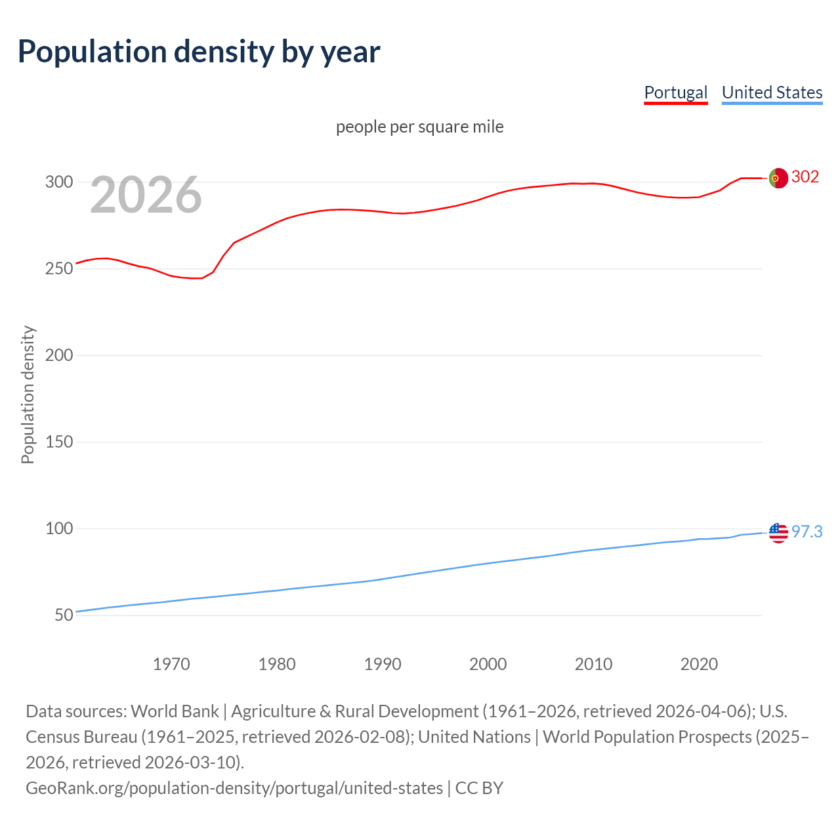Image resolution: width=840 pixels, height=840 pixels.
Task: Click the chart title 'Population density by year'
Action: pos(199,52)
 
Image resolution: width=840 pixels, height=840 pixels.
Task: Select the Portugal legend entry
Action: pos(675,93)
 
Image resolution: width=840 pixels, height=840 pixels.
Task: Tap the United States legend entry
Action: pos(772,93)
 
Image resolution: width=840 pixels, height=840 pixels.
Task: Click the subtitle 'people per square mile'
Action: pos(419,127)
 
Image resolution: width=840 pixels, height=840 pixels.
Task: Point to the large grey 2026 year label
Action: pos(146,195)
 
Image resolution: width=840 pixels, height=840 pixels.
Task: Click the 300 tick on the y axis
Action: pos(58,182)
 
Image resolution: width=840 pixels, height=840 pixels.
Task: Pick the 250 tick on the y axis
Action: pos(58,269)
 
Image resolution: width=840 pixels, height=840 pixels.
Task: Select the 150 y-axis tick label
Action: pos(58,442)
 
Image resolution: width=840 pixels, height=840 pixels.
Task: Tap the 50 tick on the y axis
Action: pos(64,616)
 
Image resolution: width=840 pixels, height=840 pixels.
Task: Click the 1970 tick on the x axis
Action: pos(171,664)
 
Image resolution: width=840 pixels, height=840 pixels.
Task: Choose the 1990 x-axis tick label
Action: pos(383,664)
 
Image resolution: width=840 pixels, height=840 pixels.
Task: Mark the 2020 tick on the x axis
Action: pos(699,664)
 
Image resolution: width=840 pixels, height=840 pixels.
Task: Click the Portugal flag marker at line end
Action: pos(778,178)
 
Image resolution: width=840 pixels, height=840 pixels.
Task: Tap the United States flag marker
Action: pos(778,533)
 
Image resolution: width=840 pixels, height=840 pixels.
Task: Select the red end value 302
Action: pos(805,177)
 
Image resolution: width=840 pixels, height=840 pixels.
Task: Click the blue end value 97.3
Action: pos(807,532)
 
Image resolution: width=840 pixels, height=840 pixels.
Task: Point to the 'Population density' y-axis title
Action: pos(28,395)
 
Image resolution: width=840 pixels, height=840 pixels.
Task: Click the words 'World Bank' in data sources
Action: pos(175,711)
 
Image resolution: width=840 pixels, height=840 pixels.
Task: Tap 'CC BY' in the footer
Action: pos(479,788)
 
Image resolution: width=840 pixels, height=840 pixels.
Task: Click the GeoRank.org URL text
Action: pos(234,788)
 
